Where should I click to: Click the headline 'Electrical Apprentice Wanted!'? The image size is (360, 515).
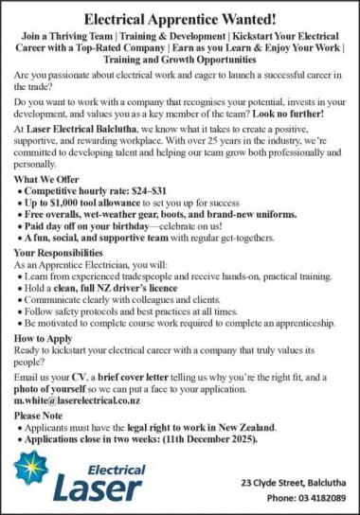tap(180, 18)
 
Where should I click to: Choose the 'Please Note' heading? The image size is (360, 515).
tap(42, 415)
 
